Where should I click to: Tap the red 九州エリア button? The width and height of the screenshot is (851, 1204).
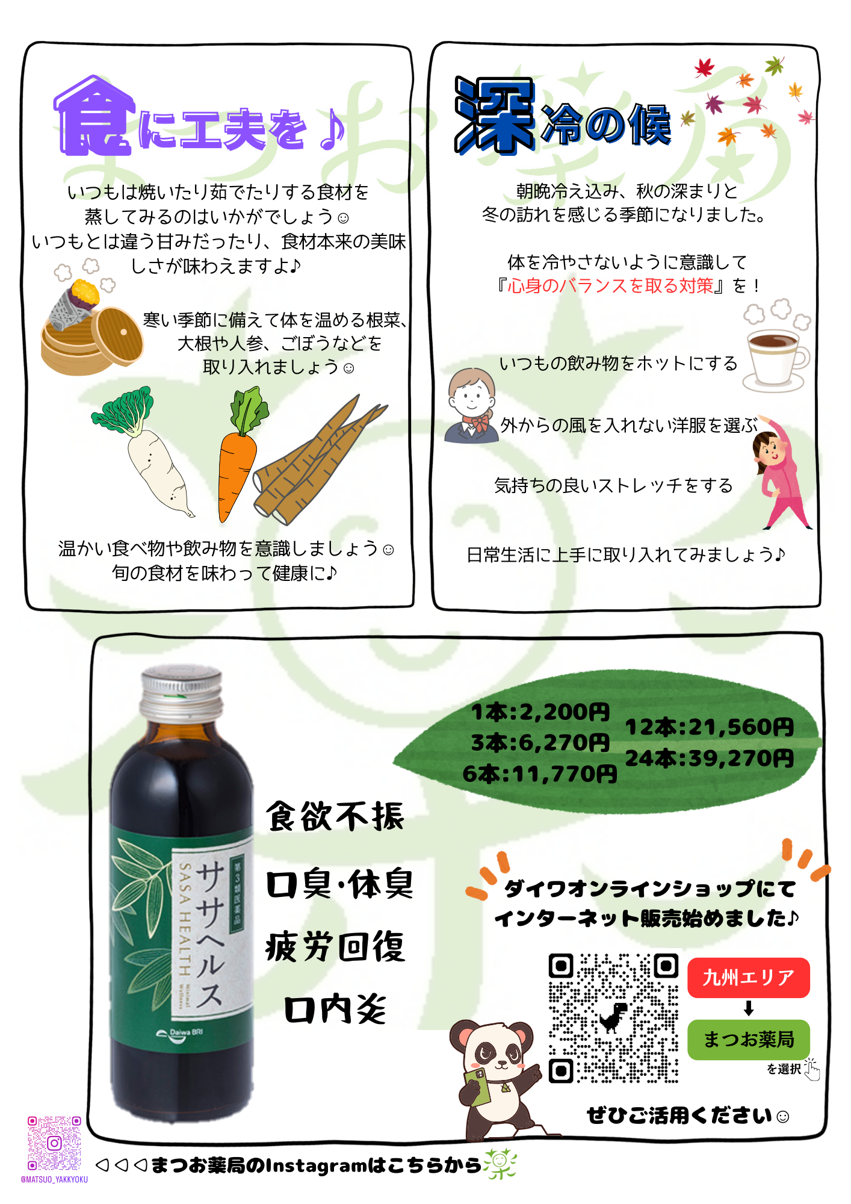[749, 978]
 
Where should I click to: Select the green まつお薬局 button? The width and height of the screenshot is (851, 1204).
[749, 1039]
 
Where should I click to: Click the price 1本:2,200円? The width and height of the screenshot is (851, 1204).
[540, 712]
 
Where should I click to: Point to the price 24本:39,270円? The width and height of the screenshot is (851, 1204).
[710, 759]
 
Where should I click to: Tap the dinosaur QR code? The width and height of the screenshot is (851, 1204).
[614, 1018]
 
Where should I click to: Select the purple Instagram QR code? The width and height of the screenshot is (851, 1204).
[54, 1143]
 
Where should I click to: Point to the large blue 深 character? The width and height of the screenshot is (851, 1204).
[495, 116]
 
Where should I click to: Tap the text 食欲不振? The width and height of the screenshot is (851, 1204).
[335, 816]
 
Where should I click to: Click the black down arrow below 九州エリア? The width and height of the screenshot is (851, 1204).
[749, 1008]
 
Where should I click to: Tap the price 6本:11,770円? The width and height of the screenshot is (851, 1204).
[540, 774]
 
